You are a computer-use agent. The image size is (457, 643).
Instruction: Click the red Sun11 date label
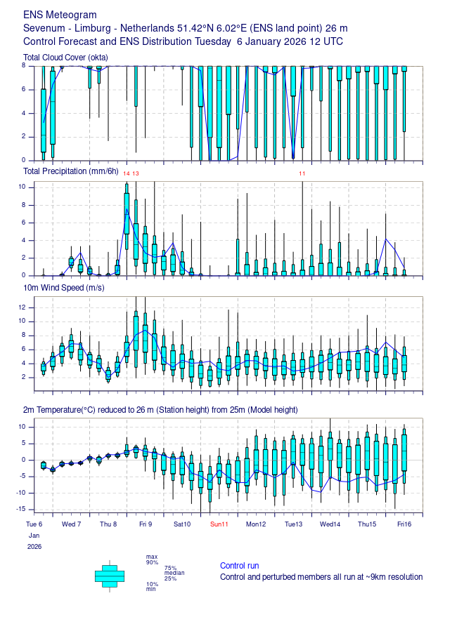pyautogui.click(x=219, y=524)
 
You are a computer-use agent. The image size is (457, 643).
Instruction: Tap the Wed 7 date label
pyautogui.click(x=71, y=524)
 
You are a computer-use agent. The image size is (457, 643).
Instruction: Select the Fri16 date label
pyautogui.click(x=404, y=524)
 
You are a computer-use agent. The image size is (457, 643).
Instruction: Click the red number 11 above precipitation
pyautogui.click(x=302, y=173)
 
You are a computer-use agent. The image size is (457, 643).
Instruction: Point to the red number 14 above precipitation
pyautogui.click(x=127, y=173)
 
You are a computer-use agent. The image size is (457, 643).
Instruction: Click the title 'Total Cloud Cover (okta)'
pyautogui.click(x=65, y=58)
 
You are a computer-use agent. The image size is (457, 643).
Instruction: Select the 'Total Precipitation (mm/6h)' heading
pyautogui.click(x=71, y=171)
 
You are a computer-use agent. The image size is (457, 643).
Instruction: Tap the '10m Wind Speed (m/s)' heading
pyautogui.click(x=64, y=288)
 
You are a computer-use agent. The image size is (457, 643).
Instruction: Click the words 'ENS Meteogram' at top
pyautogui.click(x=60, y=15)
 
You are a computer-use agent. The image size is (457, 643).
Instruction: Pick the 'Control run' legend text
pyautogui.click(x=239, y=566)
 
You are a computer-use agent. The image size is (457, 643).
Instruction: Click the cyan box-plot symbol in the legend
pyautogui.click(x=110, y=576)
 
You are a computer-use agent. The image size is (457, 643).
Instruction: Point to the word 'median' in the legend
pyautogui.click(x=174, y=573)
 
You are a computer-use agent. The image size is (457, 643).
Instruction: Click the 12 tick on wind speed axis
pyautogui.click(x=22, y=307)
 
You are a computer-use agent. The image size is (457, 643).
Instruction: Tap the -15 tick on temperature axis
pyautogui.click(x=20, y=509)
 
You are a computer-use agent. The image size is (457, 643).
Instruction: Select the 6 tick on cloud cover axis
pyautogui.click(x=24, y=89)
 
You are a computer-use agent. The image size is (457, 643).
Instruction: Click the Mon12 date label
pyautogui.click(x=256, y=524)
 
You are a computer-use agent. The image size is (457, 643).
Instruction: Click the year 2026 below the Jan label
pyautogui.click(x=34, y=547)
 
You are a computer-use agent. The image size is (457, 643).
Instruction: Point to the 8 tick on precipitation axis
pyautogui.click(x=24, y=205)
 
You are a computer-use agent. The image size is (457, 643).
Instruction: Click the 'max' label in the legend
pyautogui.click(x=152, y=557)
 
